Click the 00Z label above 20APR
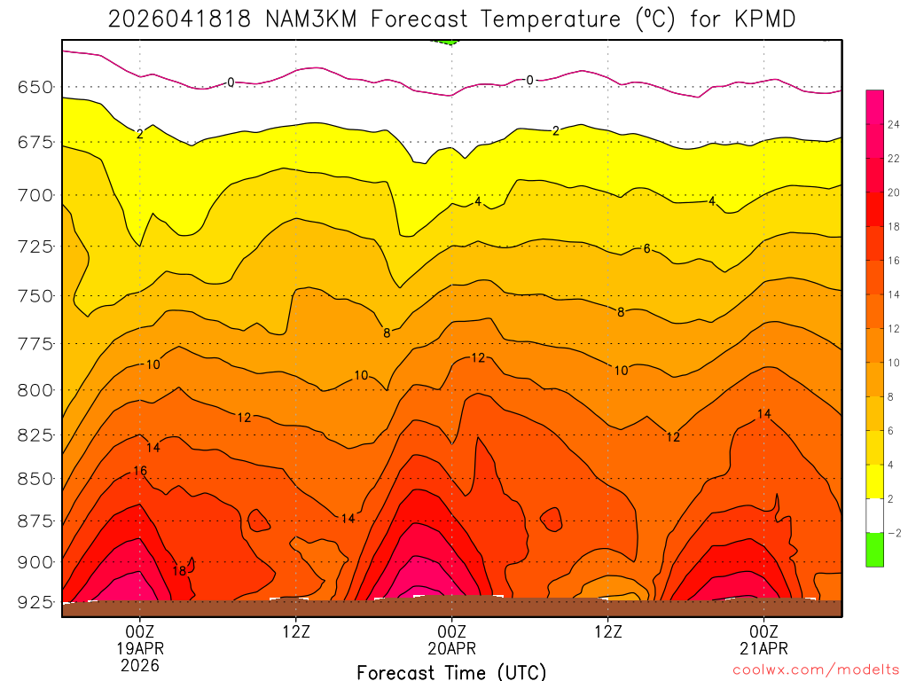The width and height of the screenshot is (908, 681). (x=451, y=631)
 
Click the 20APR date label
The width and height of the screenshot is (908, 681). (x=451, y=648)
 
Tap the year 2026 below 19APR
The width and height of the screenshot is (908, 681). (x=139, y=665)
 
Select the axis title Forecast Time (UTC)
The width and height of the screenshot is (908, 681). (x=451, y=671)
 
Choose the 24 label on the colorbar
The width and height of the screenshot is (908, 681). (x=893, y=124)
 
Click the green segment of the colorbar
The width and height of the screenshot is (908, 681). (x=874, y=550)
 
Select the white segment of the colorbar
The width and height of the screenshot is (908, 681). (x=874, y=516)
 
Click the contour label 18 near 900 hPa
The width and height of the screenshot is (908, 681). (x=179, y=571)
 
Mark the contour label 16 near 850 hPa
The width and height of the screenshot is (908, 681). (x=140, y=470)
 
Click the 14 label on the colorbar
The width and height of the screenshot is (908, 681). (x=893, y=294)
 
